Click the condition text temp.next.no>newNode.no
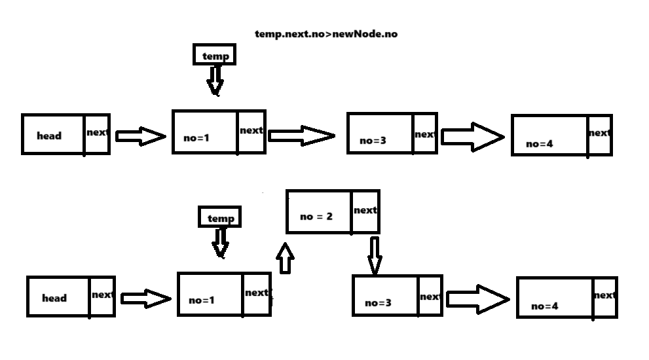[x=325, y=33]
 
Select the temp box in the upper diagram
[x=214, y=56]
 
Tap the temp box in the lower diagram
[x=220, y=218]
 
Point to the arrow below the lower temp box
[x=221, y=242]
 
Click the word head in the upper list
[x=49, y=135]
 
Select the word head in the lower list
[x=54, y=298]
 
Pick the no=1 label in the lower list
[x=202, y=300]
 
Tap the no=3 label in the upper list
[x=374, y=140]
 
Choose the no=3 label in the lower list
[x=378, y=302]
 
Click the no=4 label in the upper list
[x=540, y=143]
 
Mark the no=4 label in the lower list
[x=545, y=306]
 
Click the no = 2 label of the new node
[x=316, y=216]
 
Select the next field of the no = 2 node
[x=365, y=210]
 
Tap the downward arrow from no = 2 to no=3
[x=374, y=256]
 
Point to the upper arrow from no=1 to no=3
[x=301, y=135]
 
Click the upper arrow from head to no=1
[x=140, y=136]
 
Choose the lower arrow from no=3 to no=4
[x=477, y=298]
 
